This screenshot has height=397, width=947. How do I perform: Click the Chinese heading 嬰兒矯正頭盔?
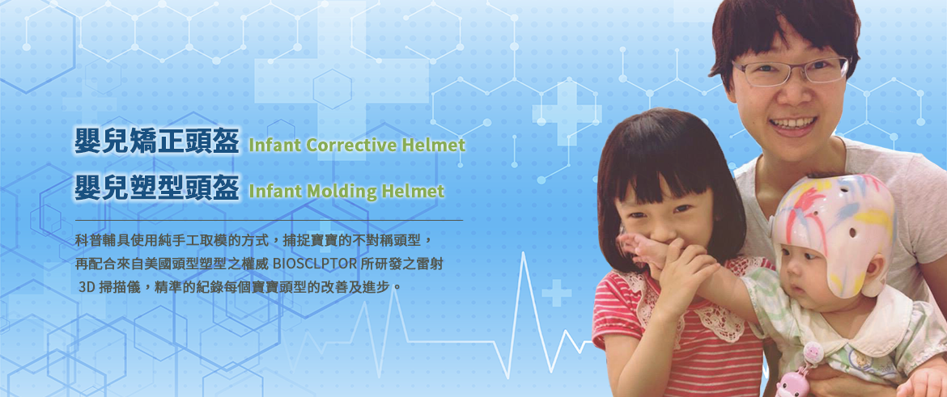[156, 141]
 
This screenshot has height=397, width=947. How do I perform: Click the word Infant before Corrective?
[274, 145]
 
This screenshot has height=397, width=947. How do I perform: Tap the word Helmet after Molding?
[418, 192]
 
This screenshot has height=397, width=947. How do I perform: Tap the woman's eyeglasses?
[791, 71]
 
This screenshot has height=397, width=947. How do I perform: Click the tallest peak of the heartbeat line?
[524, 253]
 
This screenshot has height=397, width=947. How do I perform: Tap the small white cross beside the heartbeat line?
[556, 292]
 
